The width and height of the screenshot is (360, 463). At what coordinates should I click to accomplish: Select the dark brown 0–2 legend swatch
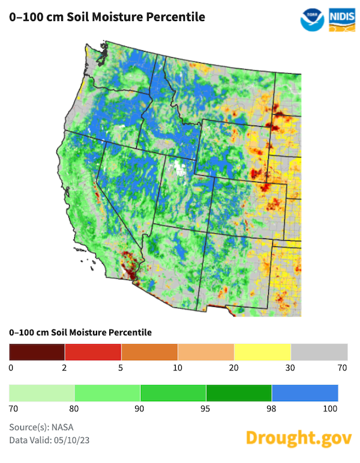[x=37, y=351]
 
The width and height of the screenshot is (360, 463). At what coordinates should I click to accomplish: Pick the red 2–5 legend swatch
[x=93, y=351]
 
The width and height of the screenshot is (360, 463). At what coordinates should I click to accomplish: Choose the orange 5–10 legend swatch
[x=149, y=351]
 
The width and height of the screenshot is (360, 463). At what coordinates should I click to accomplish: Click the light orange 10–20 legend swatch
[x=206, y=351]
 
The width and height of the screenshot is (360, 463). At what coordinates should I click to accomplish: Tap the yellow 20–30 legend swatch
[x=262, y=351]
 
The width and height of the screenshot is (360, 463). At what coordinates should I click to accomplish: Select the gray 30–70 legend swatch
[x=319, y=351]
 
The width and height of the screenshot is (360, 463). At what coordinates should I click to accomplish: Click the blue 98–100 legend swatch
[x=305, y=393]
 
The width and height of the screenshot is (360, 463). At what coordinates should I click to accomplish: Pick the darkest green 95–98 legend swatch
[x=239, y=393]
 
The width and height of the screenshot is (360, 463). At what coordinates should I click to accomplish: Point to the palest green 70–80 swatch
[x=42, y=393]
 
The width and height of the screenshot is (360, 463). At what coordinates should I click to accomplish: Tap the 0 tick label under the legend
[x=11, y=367]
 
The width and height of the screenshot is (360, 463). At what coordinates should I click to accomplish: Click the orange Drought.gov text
[x=298, y=437]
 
